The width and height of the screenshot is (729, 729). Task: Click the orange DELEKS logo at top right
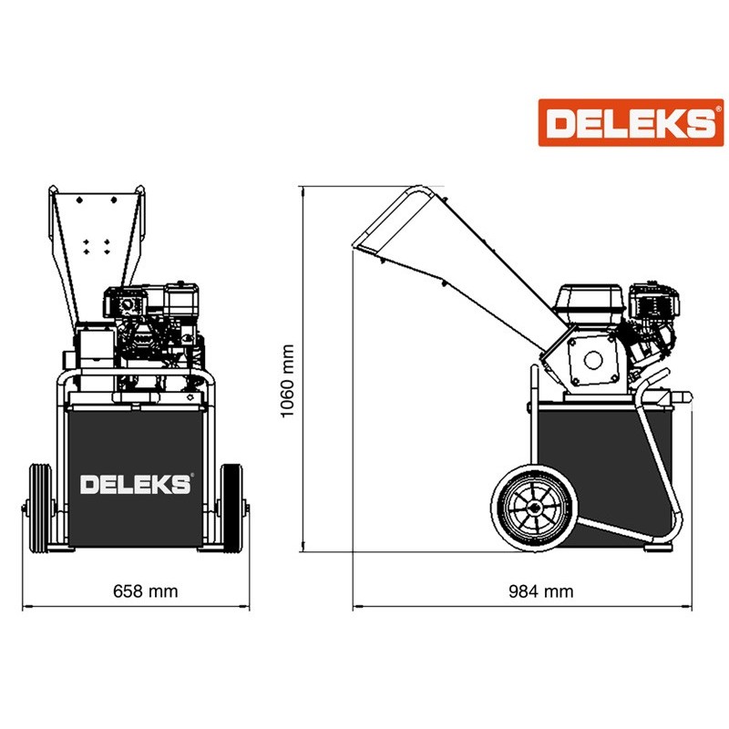[x=631, y=123]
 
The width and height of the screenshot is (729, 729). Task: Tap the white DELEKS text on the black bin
[x=136, y=485]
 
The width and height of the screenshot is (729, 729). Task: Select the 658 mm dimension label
[x=146, y=591]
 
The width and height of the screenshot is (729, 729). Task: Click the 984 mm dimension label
[x=540, y=591]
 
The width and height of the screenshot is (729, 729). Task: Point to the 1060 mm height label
[x=288, y=381]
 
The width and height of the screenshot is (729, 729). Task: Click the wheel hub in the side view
[x=535, y=508]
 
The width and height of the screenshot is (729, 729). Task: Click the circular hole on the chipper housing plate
[x=593, y=360]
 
